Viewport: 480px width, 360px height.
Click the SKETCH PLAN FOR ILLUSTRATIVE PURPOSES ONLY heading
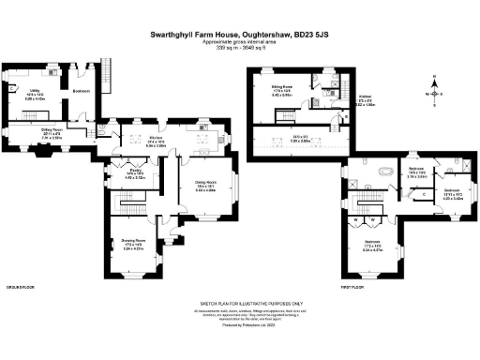coord(240,304)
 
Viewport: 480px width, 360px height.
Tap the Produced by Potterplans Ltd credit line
coord(240,324)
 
